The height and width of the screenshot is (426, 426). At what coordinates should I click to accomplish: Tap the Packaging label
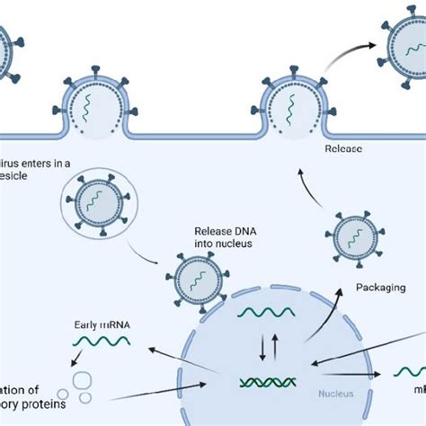[381, 288]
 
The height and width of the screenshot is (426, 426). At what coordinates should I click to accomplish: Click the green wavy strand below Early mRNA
[102, 341]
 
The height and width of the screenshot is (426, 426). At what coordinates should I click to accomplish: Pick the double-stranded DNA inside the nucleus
[270, 381]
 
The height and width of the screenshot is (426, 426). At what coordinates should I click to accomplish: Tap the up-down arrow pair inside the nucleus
[269, 346]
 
